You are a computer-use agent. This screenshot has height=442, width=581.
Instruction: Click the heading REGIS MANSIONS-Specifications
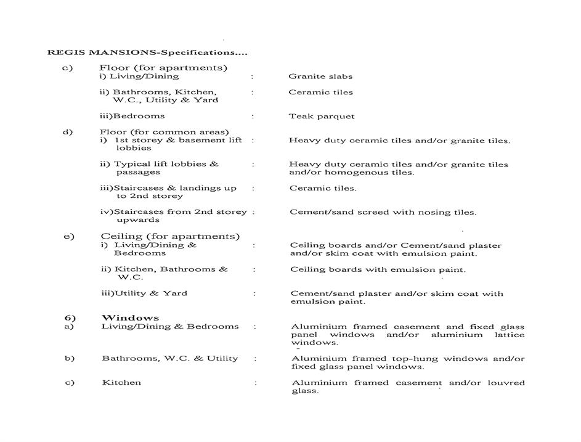tap(147, 52)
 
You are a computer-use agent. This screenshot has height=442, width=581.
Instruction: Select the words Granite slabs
tap(320, 76)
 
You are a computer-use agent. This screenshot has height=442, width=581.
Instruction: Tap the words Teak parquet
tap(322, 117)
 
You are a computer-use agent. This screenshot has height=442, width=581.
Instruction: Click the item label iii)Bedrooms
tap(132, 116)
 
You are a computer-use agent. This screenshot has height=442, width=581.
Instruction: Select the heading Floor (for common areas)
tap(164, 132)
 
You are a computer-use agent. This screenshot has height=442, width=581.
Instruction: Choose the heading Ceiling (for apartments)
tap(170, 236)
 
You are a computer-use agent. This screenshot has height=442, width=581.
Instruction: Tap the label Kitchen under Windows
tap(121, 383)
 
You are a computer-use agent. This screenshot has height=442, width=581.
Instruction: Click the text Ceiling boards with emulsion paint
tap(378, 269)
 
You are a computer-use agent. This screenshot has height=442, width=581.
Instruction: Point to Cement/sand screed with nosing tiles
tap(383, 213)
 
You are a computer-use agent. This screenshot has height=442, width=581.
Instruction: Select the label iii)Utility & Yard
tap(144, 293)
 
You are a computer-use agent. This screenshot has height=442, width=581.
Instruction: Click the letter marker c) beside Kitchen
tap(69, 383)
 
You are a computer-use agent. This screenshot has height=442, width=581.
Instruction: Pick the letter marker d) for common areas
tap(68, 132)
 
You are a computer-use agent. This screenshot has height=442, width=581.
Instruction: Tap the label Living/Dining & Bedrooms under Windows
tap(169, 327)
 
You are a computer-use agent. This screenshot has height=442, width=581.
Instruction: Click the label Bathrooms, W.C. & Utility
tap(169, 359)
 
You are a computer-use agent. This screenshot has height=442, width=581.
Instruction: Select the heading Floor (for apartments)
tap(163, 68)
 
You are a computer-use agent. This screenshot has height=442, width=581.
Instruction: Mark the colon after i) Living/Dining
tap(251, 76)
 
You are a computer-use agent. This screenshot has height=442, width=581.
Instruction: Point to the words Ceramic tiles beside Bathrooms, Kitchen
tap(321, 92)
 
